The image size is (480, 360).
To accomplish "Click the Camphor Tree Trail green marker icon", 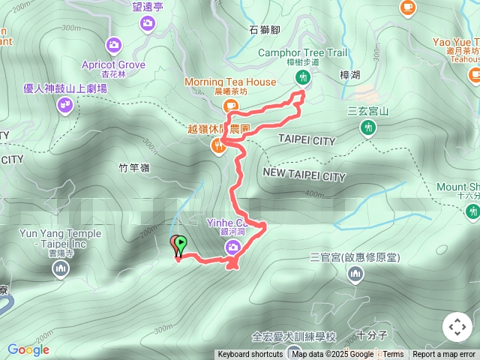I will pos(303,77).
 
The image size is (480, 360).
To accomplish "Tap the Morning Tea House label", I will pos(230,82).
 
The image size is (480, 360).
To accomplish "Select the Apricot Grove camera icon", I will pos(113,45).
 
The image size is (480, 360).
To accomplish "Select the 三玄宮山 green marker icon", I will pos(367,128).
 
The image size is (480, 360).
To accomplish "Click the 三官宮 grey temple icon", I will pos(355,274).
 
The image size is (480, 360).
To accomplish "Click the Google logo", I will pos(28,349).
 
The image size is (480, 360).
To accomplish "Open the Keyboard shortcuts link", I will pos(250,355).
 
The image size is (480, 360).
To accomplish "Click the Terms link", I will pos(393,355).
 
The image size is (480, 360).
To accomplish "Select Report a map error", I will pos(444,355).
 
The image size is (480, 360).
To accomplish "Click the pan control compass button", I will pos(457,327).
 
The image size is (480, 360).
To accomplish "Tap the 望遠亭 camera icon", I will pos(148,24).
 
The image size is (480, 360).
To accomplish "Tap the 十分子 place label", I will pos(370,334).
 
